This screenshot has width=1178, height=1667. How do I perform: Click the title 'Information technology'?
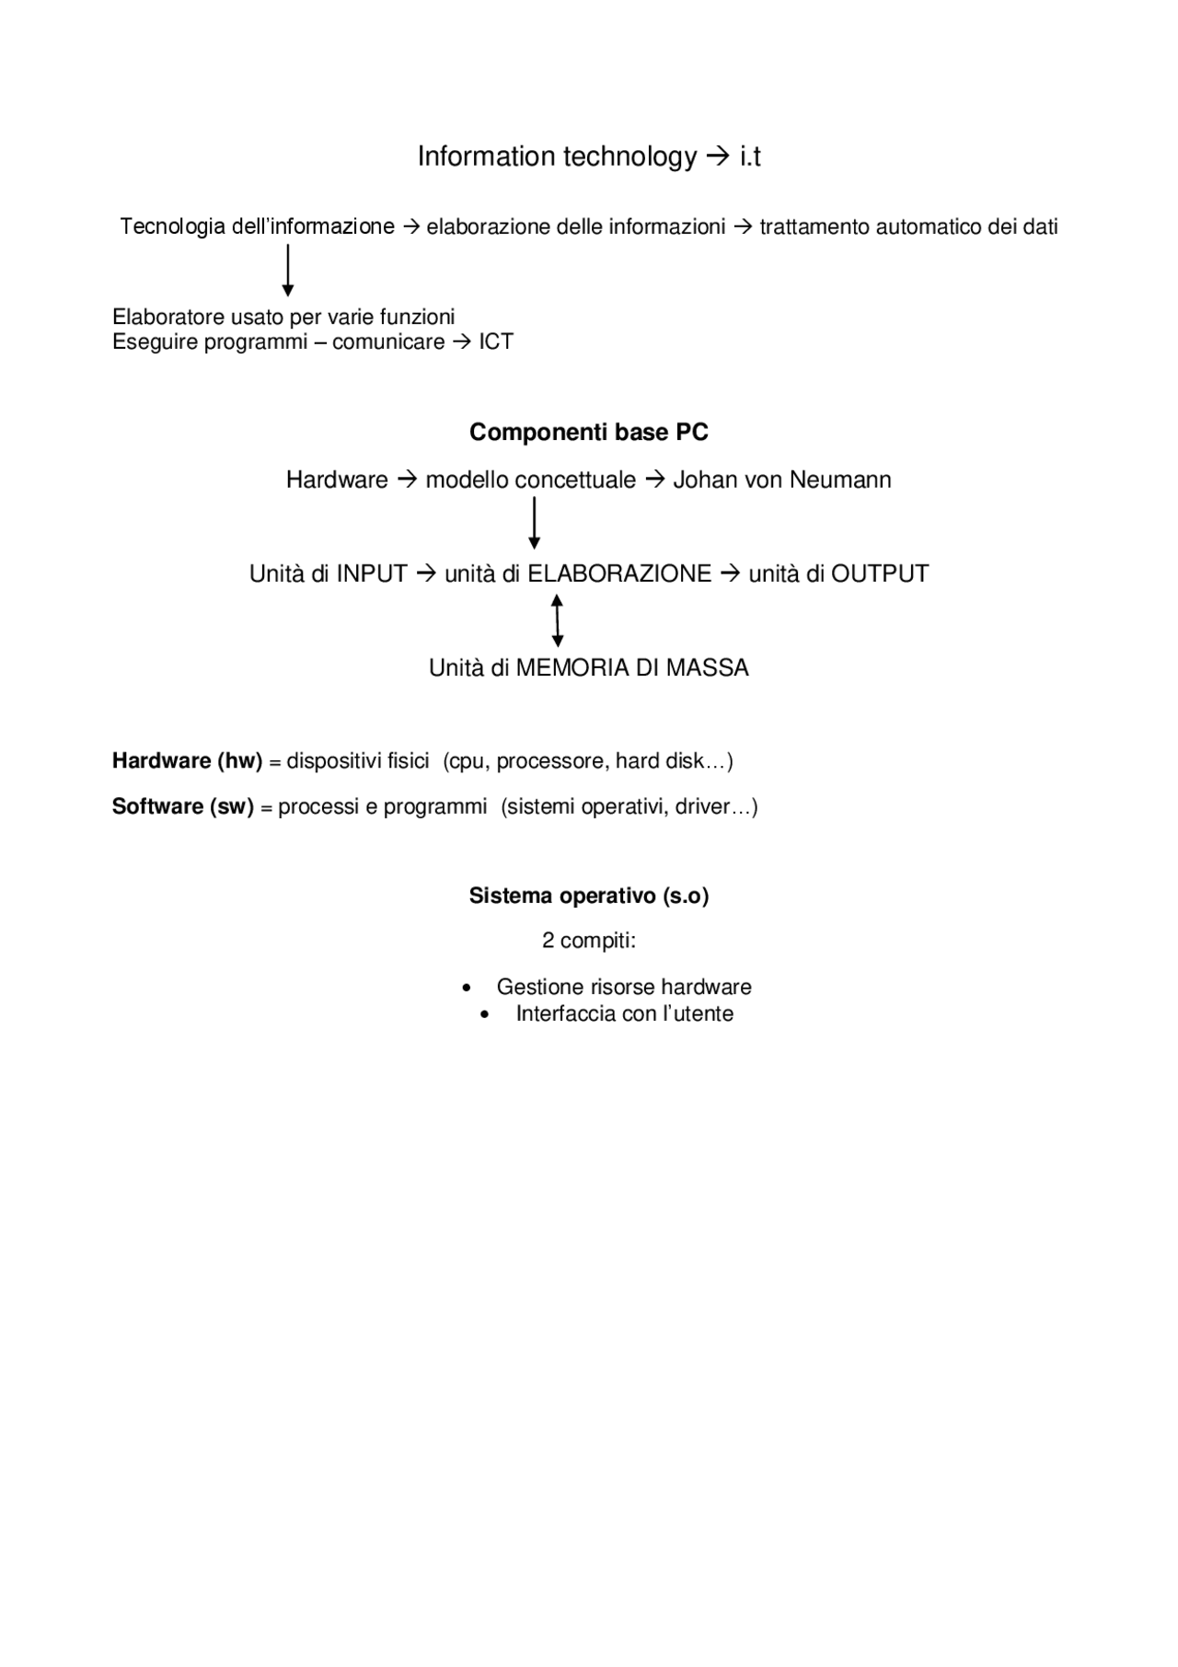pyautogui.click(x=557, y=157)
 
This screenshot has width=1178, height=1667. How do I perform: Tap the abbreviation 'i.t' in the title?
pyautogui.click(x=750, y=157)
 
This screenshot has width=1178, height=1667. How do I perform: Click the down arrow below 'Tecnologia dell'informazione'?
pyautogui.click(x=288, y=270)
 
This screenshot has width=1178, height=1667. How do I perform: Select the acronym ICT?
pyautogui.click(x=496, y=342)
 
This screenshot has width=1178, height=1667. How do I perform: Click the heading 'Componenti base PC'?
pyautogui.click(x=589, y=433)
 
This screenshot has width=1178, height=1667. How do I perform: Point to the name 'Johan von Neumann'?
pyautogui.click(x=782, y=480)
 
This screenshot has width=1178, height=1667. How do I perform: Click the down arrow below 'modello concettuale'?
pyautogui.click(x=534, y=523)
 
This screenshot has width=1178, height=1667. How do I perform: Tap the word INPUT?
pyautogui.click(x=372, y=574)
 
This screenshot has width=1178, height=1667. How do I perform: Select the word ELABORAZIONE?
pyautogui.click(x=619, y=574)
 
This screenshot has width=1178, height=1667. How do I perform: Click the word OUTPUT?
pyautogui.click(x=880, y=574)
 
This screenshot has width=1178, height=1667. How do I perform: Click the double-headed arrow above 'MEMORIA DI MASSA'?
pyautogui.click(x=557, y=620)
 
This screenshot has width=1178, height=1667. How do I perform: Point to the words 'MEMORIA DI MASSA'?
pyautogui.click(x=632, y=668)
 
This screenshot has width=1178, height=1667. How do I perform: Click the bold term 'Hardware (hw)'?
pyautogui.click(x=187, y=761)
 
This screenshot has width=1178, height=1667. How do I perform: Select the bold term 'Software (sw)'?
pyautogui.click(x=182, y=807)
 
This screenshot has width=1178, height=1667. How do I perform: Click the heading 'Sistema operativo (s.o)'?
pyautogui.click(x=589, y=897)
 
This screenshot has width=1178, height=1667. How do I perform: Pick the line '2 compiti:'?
pyautogui.click(x=589, y=942)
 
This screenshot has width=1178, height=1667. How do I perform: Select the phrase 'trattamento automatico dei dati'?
pyautogui.click(x=909, y=227)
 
